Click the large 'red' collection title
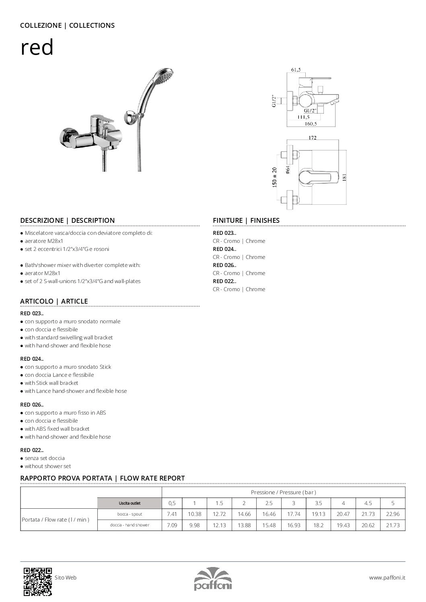(x=37, y=48)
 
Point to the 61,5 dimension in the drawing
(x=296, y=70)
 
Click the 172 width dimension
(x=313, y=138)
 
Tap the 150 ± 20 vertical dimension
(x=275, y=177)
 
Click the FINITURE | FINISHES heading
(x=246, y=220)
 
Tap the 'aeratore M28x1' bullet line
(x=42, y=241)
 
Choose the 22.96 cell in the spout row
(x=393, y=514)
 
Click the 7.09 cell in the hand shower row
(x=171, y=525)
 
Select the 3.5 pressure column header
(x=319, y=503)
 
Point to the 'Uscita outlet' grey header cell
(x=130, y=503)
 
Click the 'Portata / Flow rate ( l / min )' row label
(x=56, y=520)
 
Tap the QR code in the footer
(x=38, y=581)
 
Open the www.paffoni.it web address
(x=387, y=578)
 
